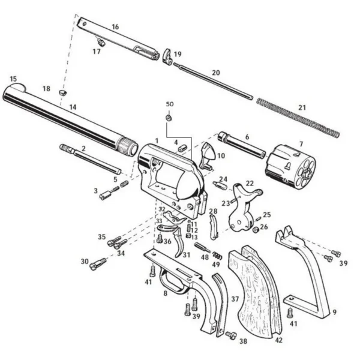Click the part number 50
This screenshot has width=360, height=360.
point(170,104)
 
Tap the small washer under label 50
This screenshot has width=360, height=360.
point(169,118)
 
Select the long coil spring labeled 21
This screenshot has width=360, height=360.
point(298,118)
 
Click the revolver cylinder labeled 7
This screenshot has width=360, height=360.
point(290,167)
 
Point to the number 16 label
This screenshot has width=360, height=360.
point(115,27)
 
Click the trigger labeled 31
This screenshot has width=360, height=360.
point(179,244)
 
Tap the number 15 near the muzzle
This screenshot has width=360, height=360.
point(13,79)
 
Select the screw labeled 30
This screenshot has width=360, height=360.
point(98,263)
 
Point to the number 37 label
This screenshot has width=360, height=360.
point(235,299)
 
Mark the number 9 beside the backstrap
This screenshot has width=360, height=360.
point(335,312)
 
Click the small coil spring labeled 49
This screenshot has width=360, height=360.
point(217,256)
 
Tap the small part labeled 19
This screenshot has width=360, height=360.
point(168,57)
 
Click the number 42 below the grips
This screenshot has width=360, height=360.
point(278,340)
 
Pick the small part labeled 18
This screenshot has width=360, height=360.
point(62,93)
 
